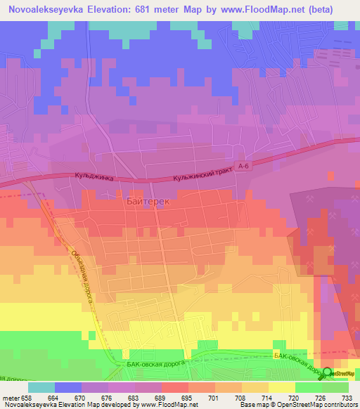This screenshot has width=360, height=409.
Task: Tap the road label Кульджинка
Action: pos(91,178)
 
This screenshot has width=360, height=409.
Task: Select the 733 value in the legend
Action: pos(346,397)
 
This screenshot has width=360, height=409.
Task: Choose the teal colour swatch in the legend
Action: pos(41,387)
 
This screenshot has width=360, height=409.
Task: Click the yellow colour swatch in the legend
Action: pos(282,387)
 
